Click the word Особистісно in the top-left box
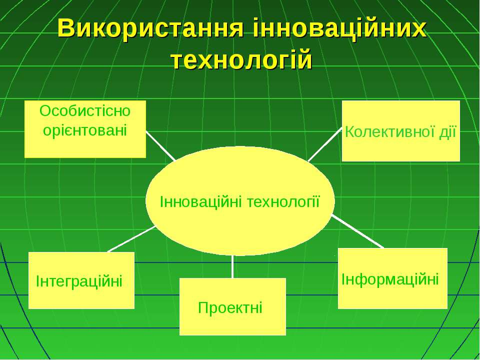[x=85, y=111]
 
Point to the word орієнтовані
[x=85, y=130]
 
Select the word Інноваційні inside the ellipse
[x=201, y=202]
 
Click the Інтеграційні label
[x=79, y=281]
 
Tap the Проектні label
[x=230, y=307]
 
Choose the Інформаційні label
[x=390, y=279]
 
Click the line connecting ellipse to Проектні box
[x=232, y=266]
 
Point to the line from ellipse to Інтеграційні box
[x=132, y=239]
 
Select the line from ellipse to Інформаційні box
[x=358, y=231]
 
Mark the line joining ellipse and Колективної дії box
[x=325, y=144]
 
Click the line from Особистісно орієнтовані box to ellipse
[x=160, y=145]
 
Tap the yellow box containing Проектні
[x=232, y=306]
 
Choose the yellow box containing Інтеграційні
[x=81, y=280]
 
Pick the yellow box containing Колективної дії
[x=401, y=130]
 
